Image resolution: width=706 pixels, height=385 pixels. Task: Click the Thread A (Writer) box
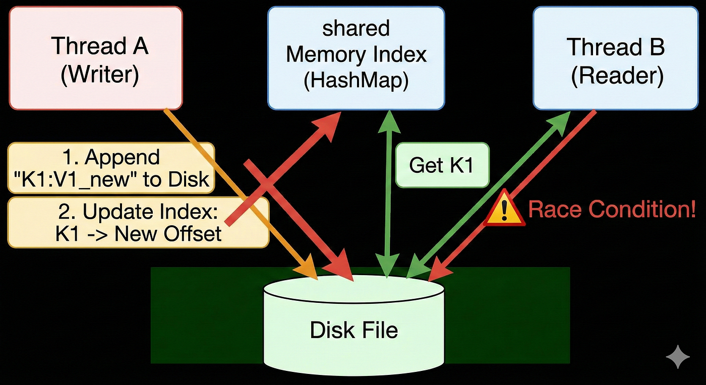pos(96,58)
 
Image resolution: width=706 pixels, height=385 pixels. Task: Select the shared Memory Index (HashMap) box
pos(356,58)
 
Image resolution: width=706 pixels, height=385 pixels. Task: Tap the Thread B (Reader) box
pos(616,58)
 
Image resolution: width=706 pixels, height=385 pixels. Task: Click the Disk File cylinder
pos(354,325)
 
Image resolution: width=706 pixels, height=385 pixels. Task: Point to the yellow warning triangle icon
pos(504,209)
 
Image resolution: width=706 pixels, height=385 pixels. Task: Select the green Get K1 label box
pos(442,165)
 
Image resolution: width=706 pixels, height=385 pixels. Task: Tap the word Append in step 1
pos(122,158)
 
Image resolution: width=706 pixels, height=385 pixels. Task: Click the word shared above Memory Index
pos(356,28)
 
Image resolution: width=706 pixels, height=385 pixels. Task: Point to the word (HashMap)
pos(356,80)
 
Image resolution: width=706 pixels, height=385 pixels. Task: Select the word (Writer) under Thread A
pos(100,75)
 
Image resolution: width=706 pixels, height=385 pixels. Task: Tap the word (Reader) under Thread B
pos(617,76)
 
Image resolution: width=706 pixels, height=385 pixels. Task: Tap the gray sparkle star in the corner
pos(678,357)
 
